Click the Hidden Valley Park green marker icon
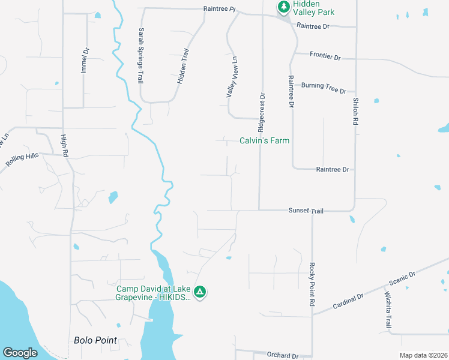tap(283, 7)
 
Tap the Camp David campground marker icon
tap(200, 292)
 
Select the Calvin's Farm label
tap(264, 141)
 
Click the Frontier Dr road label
tap(325, 57)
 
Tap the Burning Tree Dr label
tap(324, 88)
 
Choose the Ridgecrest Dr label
tap(261, 112)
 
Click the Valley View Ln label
tap(231, 77)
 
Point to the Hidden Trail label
tap(183, 66)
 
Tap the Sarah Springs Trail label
tap(141, 55)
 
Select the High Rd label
tap(64, 146)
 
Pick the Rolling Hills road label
tap(22, 160)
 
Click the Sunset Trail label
tap(306, 211)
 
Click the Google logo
tap(20, 353)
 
